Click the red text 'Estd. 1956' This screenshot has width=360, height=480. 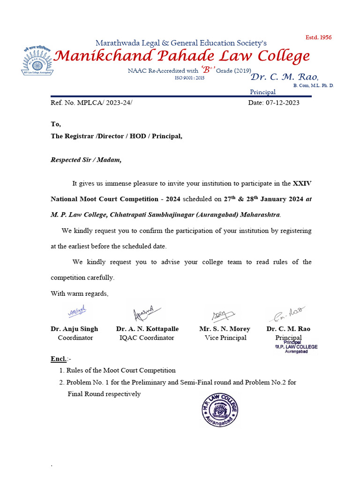pyautogui.click(x=318, y=37)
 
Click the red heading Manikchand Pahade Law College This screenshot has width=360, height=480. pyautogui.click(x=182, y=56)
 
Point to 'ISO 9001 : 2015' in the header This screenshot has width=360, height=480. pyautogui.click(x=189, y=78)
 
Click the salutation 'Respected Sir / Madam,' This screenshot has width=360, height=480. pyautogui.click(x=86, y=159)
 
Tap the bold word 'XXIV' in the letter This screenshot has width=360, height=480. pyautogui.click(x=302, y=183)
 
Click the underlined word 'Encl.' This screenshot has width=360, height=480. pyautogui.click(x=59, y=359)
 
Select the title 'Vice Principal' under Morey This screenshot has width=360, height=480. pyautogui.click(x=225, y=337)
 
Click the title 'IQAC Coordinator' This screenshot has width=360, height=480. pyautogui.click(x=147, y=337)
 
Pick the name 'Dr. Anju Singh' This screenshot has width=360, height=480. pyautogui.click(x=75, y=329)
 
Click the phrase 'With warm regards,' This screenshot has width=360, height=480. pyautogui.click(x=79, y=293)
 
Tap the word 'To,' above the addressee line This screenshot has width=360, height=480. pyautogui.click(x=56, y=124)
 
